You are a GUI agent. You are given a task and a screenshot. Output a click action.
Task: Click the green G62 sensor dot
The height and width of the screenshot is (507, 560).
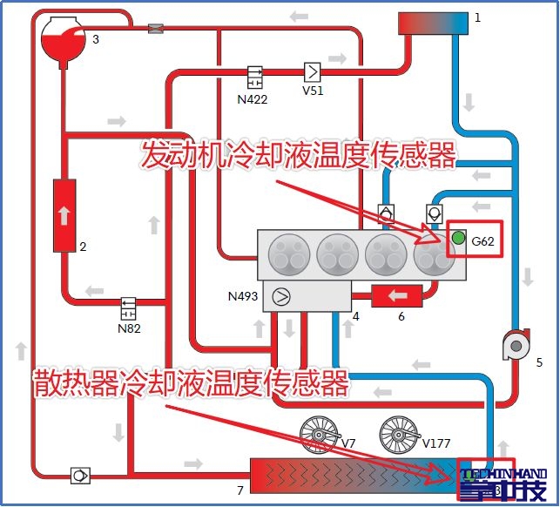458,237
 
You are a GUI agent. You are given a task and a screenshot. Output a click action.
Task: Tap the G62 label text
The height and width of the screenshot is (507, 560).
482,242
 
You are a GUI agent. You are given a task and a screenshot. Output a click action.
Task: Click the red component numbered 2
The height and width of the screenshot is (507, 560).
64,216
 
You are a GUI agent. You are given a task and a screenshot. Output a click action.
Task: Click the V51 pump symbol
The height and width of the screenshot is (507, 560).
312,71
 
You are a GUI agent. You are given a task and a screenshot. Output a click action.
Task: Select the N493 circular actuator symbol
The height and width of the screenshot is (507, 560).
281,296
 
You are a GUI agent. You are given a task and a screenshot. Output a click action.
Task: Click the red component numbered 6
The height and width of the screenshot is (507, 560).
395,296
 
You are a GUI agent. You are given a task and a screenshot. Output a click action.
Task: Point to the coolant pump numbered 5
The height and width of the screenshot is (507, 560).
516,346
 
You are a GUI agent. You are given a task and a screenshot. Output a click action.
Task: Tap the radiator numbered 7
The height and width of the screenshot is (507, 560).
348,477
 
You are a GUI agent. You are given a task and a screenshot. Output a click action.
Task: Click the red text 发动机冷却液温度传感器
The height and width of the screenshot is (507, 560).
298,156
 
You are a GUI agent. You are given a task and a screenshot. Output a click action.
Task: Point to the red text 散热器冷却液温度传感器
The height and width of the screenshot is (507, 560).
191,382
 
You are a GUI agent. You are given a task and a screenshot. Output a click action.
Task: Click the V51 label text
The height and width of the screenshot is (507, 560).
312,91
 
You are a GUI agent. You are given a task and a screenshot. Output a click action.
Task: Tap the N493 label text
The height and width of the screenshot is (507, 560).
243,297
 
